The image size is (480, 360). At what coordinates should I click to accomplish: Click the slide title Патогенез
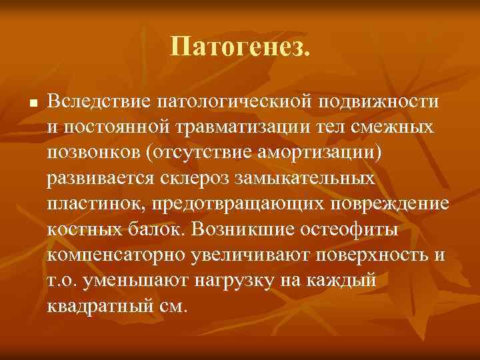click(240, 46)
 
